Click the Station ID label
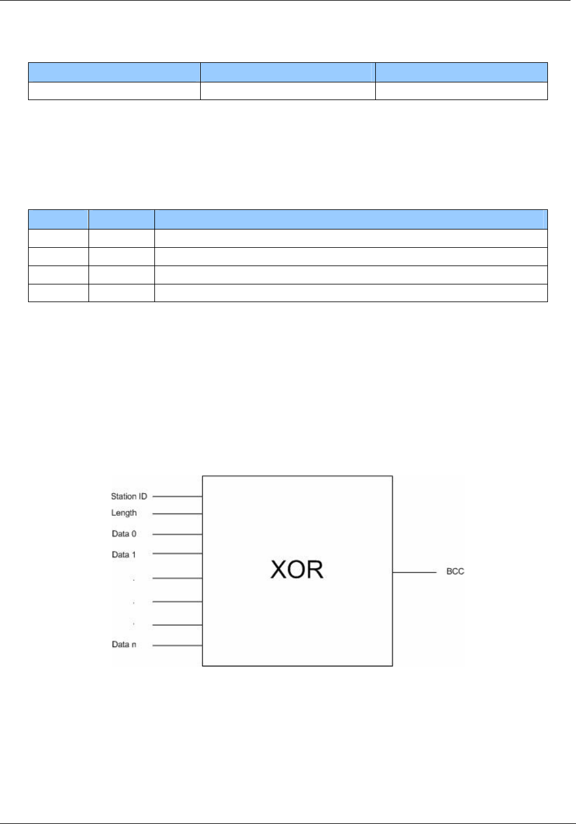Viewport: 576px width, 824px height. [x=129, y=496]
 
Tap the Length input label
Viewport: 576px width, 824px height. [x=124, y=513]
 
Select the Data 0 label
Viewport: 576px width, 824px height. [x=124, y=533]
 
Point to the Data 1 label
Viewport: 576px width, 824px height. [x=124, y=554]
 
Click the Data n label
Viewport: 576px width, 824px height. [x=124, y=645]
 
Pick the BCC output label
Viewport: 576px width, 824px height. [x=455, y=572]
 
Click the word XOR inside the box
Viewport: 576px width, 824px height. [x=297, y=569]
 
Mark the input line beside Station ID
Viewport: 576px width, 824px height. [x=177, y=496]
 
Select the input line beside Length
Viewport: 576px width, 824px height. [x=177, y=514]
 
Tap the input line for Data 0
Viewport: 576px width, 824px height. [x=177, y=534]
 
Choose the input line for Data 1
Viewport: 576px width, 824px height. [x=177, y=554]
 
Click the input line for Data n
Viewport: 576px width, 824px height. [x=177, y=645]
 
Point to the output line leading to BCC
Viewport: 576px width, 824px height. [x=414, y=572]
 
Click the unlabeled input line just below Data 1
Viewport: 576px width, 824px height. [x=177, y=578]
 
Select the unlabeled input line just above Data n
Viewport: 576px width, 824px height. [x=177, y=625]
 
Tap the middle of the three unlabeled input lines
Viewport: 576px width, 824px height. [x=177, y=602]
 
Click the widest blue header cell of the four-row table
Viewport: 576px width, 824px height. [x=350, y=219]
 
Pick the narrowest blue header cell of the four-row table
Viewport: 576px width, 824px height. [x=59, y=219]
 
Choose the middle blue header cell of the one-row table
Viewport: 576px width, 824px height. [x=287, y=72]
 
